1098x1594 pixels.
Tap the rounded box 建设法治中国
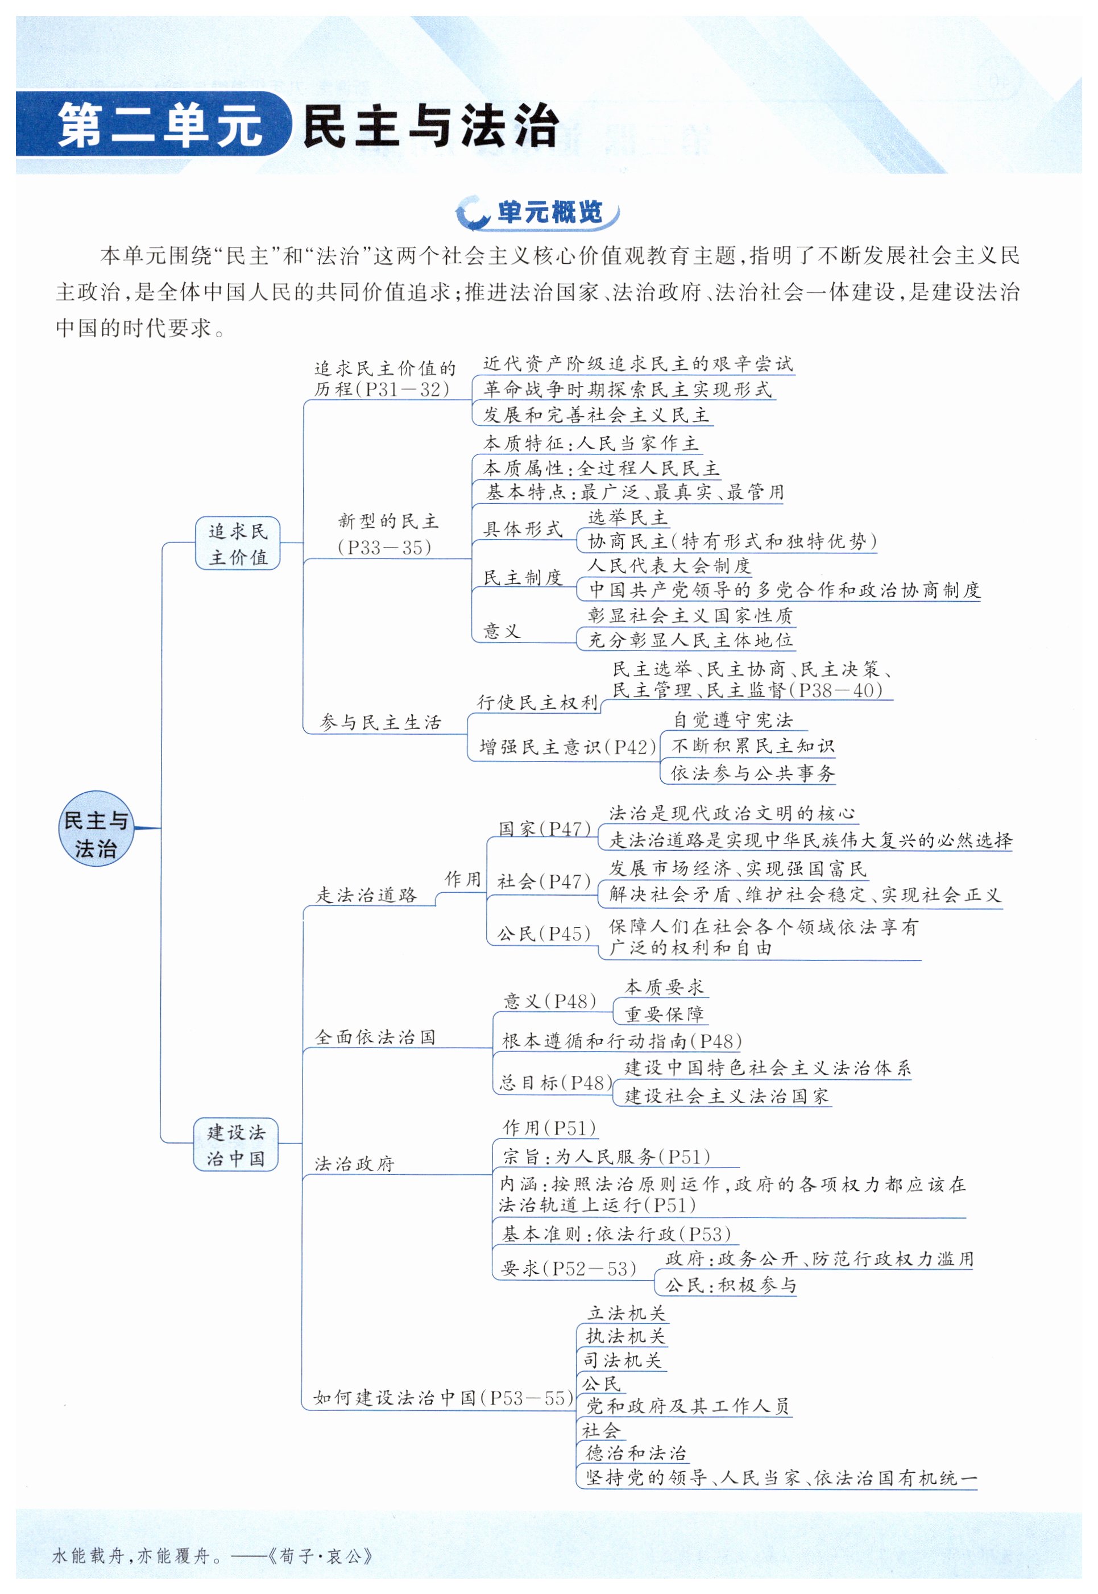click(235, 1145)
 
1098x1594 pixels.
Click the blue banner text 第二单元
click(160, 126)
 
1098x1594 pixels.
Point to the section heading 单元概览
click(549, 213)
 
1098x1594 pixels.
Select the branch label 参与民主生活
click(380, 722)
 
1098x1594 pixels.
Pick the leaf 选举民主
click(627, 517)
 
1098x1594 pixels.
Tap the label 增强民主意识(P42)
click(567, 747)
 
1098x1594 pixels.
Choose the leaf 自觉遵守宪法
click(733, 721)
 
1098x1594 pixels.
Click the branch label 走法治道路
click(367, 895)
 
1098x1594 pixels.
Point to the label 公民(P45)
click(544, 934)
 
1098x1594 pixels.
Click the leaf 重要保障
click(664, 1014)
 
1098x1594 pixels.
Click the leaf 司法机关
click(623, 1360)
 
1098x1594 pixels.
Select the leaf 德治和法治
click(636, 1453)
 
